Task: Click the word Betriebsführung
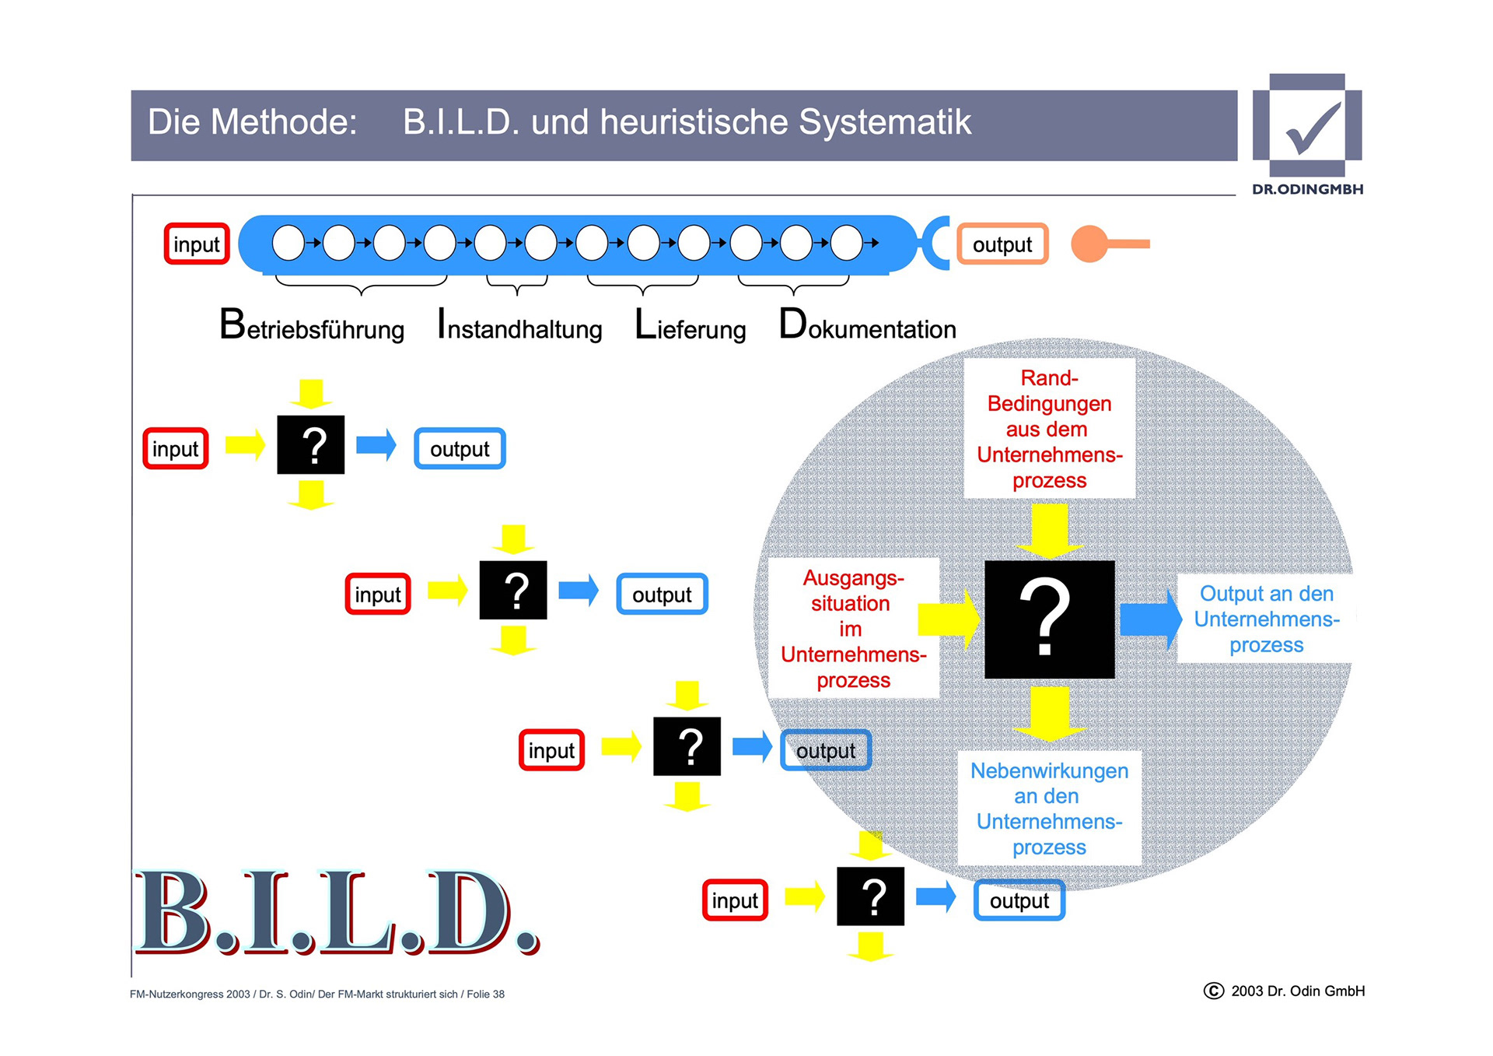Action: coord(312,326)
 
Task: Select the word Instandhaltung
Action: coord(519,326)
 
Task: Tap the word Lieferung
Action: coord(690,326)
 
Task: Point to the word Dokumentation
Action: coord(867,326)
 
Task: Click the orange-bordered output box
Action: coord(1002,244)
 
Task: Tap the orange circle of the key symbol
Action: coord(1089,244)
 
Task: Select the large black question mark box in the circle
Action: coord(1049,619)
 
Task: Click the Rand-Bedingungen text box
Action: coord(1049,429)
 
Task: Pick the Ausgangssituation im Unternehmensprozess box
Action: coord(853,628)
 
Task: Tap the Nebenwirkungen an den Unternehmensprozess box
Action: coord(1049,809)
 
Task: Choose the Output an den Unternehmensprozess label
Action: coord(1266,619)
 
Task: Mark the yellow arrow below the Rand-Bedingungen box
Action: coord(1049,531)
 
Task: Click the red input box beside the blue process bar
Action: coord(197,244)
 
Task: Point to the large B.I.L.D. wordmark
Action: coord(336,912)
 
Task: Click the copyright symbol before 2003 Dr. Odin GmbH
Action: coord(1213,991)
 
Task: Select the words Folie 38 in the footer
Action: coord(485,995)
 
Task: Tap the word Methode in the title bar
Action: coord(283,122)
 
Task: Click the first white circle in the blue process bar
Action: coord(288,243)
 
